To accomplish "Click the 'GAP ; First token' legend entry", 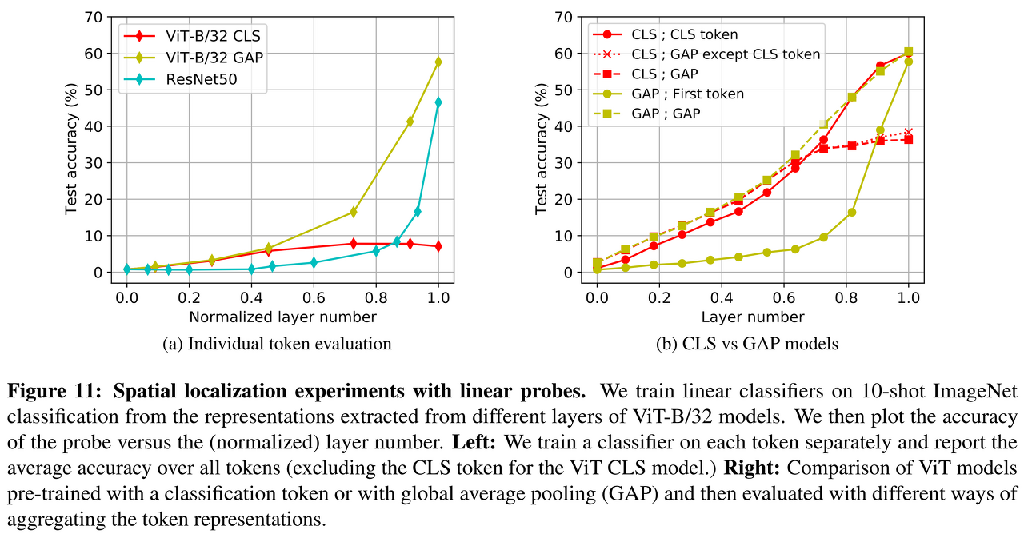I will pyautogui.click(x=687, y=94).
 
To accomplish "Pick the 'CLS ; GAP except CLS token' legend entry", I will pyautogui.click(x=726, y=54).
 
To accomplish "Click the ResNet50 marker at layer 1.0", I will pyautogui.click(x=438, y=102).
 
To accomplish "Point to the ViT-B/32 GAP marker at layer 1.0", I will pyautogui.click(x=438, y=62).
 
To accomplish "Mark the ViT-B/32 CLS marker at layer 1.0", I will pyautogui.click(x=438, y=246).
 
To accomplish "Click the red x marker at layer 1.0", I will pyautogui.click(x=908, y=132).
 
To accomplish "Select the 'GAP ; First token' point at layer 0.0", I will pyautogui.click(x=597, y=269).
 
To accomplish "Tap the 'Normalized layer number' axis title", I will pyautogui.click(x=282, y=317).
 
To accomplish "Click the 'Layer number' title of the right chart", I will pyautogui.click(x=752, y=317).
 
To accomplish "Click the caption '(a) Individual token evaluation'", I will pyautogui.click(x=277, y=345).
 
